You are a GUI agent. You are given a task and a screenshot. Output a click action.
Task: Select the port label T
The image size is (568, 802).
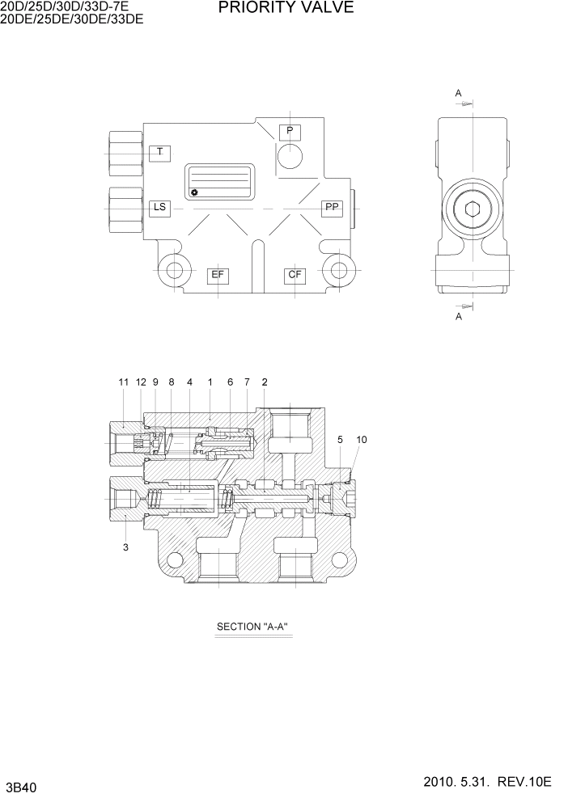[159, 152]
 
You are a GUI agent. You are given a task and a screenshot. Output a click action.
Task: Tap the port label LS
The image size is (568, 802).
[159, 208]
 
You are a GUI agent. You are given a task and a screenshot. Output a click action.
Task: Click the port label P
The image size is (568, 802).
[289, 131]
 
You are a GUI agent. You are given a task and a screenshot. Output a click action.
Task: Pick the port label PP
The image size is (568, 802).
[332, 208]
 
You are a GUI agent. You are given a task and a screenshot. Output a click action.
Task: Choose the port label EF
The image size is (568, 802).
[218, 275]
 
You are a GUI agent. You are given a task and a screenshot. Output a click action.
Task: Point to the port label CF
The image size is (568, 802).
[295, 275]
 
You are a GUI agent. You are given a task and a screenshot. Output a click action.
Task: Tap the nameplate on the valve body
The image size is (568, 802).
[220, 182]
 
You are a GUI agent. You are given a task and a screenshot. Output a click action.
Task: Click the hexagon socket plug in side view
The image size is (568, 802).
[473, 211]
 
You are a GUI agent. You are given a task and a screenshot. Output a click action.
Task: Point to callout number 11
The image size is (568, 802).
[123, 382]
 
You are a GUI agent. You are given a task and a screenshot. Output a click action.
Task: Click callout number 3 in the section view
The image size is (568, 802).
[125, 548]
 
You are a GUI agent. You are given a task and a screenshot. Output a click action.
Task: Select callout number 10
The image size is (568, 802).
[362, 440]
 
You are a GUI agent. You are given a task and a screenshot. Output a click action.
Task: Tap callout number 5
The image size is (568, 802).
[341, 440]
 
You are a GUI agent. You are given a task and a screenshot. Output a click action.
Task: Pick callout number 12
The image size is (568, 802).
[141, 382]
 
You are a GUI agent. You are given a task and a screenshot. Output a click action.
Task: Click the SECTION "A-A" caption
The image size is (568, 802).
[252, 627]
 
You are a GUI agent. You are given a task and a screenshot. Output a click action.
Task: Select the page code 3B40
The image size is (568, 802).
[21, 787]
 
